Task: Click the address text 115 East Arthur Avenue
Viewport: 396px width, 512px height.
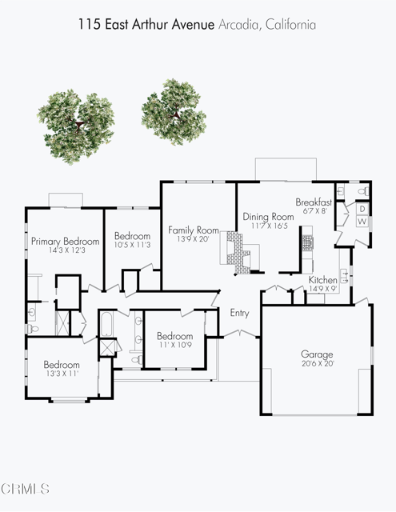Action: (x=146, y=25)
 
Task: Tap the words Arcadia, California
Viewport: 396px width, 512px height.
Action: (x=267, y=25)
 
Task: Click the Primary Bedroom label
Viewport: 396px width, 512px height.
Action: (x=65, y=242)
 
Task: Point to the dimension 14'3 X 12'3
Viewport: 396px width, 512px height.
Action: (x=65, y=251)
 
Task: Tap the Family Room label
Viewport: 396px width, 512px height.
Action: (x=194, y=230)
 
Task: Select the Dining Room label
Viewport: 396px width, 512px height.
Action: (x=269, y=217)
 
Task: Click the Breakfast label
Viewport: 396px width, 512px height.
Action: (x=314, y=202)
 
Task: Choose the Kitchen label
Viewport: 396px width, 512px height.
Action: (x=323, y=280)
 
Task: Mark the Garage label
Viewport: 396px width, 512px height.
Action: (x=317, y=354)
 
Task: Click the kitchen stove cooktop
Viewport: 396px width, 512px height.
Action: (x=308, y=241)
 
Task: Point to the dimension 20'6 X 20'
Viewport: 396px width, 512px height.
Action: (x=317, y=364)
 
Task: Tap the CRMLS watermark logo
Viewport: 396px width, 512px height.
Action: (x=26, y=487)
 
